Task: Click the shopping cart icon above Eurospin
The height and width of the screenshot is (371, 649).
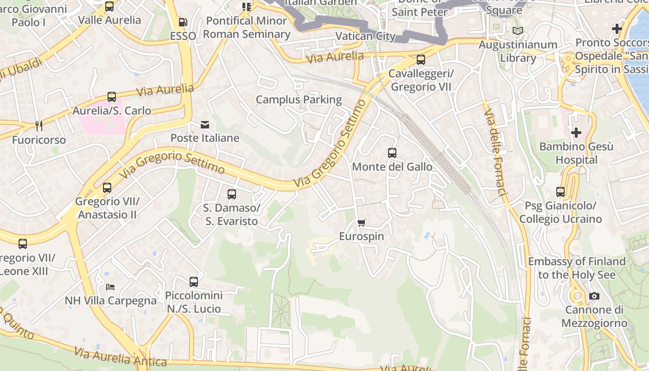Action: (362, 223)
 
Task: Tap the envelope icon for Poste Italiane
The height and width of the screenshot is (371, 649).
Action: (204, 124)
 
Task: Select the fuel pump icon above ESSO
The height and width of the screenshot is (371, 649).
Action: (183, 22)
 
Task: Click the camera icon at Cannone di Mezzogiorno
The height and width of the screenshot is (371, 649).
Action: (594, 296)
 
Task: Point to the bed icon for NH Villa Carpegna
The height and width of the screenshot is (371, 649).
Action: (110, 287)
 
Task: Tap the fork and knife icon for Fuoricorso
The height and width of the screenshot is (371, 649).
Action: (39, 126)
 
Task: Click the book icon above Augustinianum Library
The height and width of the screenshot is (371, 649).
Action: (518, 31)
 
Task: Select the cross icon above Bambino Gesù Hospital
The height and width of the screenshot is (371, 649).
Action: (576, 133)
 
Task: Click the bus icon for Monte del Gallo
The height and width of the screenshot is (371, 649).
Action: (392, 153)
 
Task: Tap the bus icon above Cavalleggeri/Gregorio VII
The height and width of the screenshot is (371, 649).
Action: (421, 59)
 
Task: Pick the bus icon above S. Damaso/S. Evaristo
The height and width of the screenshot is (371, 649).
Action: (232, 194)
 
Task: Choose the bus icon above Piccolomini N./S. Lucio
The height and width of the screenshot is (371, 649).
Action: (194, 281)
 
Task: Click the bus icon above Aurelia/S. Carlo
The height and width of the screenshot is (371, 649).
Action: (112, 96)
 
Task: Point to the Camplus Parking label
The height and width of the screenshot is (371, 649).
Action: (299, 100)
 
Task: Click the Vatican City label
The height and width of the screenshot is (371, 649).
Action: (365, 36)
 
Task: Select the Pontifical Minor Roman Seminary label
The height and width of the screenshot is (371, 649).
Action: (247, 27)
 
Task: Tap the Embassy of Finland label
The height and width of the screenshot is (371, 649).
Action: (577, 268)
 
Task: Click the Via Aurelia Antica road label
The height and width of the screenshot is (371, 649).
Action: (121, 358)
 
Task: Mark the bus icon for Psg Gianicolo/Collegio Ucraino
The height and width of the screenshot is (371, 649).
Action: (560, 192)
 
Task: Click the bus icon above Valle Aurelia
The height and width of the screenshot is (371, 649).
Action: (109, 6)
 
